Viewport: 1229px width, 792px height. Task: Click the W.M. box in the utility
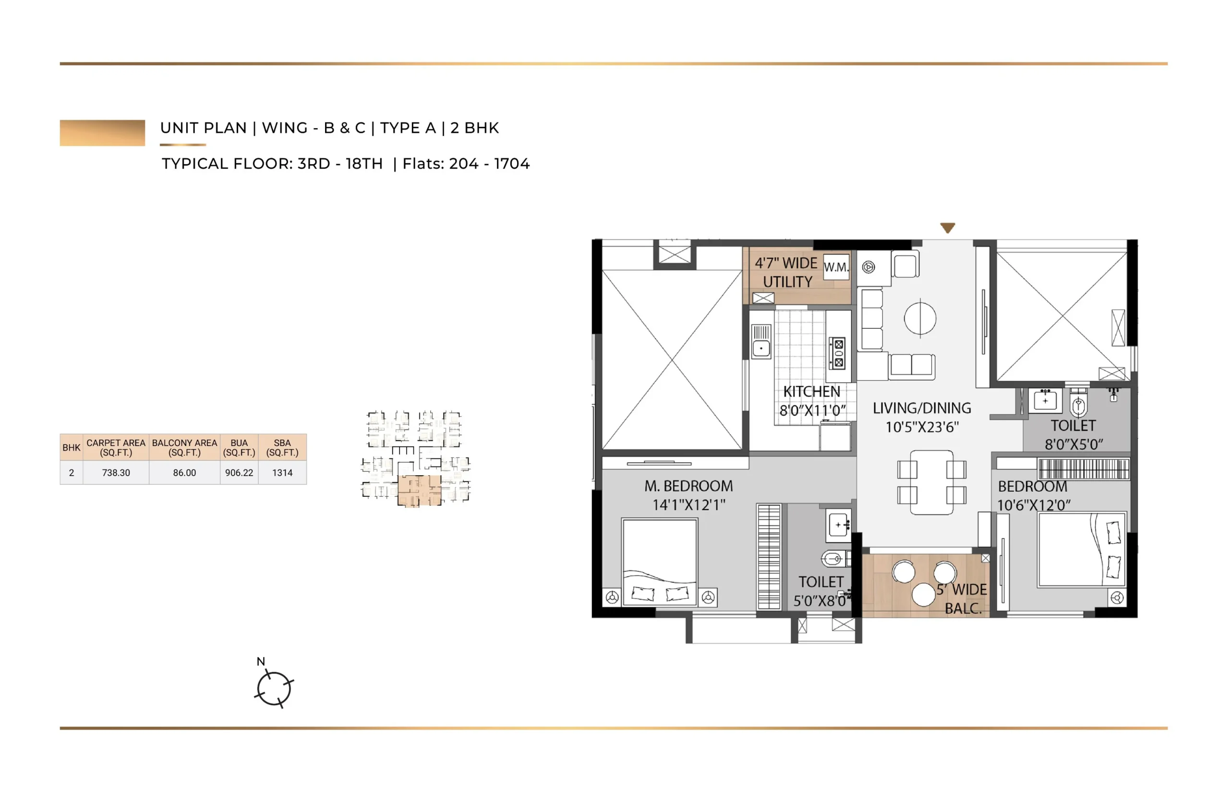pos(836,267)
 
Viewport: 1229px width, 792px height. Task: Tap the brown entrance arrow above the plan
pos(948,228)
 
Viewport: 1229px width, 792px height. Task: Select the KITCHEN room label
pos(811,392)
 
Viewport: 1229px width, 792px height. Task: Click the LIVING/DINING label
pos(922,408)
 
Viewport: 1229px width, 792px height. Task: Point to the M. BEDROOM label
pos(688,486)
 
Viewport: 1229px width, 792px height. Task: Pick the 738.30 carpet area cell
pos(116,473)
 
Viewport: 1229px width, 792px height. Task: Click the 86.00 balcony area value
pos(184,473)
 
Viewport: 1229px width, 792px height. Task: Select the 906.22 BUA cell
pos(239,473)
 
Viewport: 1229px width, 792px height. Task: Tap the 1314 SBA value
pos(282,473)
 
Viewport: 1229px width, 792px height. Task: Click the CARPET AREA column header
pos(116,447)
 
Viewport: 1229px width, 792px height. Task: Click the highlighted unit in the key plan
pos(419,491)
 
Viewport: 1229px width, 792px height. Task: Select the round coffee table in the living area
pos(920,318)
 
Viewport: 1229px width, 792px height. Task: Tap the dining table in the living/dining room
pos(931,482)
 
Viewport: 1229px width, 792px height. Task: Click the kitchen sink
pos(761,341)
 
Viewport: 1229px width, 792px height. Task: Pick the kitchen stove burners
pos(839,353)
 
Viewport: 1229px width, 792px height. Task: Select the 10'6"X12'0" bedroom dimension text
pos(1034,505)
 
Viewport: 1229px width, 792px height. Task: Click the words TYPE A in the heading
pos(408,128)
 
